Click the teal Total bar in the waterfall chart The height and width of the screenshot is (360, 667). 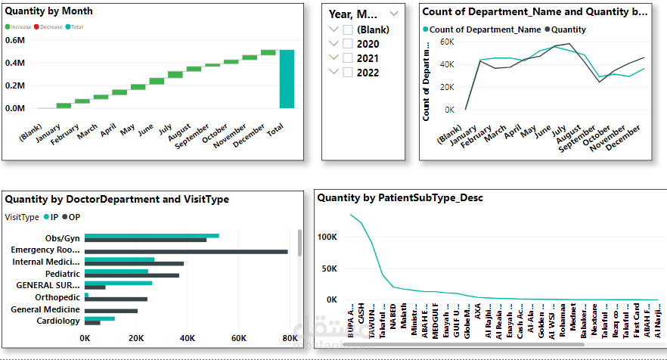[287, 79]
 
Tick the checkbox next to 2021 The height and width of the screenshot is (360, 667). [348, 58]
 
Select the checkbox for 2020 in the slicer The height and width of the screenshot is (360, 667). [348, 44]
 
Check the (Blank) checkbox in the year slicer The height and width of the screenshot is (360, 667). [348, 29]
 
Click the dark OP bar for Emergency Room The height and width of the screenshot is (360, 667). [186, 252]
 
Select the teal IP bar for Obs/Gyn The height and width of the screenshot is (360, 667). [152, 236]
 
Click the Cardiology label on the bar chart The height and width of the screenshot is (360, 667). [58, 321]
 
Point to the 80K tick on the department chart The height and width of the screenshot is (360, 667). [288, 338]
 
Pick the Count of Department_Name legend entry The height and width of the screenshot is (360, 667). [485, 29]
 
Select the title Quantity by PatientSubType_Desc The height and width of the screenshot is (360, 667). [400, 198]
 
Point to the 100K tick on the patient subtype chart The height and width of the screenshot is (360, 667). [327, 237]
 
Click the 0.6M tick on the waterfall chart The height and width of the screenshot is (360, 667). [15, 40]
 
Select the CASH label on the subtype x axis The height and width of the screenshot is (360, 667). [361, 312]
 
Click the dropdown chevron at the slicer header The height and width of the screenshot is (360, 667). [394, 14]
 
